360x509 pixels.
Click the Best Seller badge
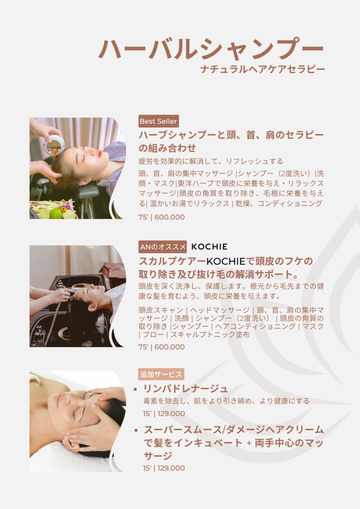click(158, 121)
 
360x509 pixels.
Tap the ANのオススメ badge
click(163, 247)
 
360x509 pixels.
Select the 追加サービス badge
click(161, 374)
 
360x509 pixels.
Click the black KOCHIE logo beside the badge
click(209, 247)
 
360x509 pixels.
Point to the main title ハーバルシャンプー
click(211, 49)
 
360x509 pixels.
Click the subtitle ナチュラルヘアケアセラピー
click(262, 69)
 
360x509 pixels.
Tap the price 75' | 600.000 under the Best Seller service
click(161, 217)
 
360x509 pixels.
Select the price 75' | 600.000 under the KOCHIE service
click(161, 347)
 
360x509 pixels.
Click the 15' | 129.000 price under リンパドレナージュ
click(164, 414)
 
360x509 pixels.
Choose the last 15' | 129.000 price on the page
click(164, 468)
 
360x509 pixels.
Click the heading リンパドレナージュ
click(186, 389)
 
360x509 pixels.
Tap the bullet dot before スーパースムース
click(136, 430)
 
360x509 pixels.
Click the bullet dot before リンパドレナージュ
click(135, 389)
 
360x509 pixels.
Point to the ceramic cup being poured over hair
click(54, 145)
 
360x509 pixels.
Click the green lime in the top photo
click(56, 214)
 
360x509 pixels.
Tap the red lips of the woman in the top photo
click(100, 153)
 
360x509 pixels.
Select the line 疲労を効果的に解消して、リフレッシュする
click(211, 161)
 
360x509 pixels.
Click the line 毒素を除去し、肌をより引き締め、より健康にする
click(226, 401)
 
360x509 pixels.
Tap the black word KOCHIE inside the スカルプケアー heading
click(226, 262)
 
